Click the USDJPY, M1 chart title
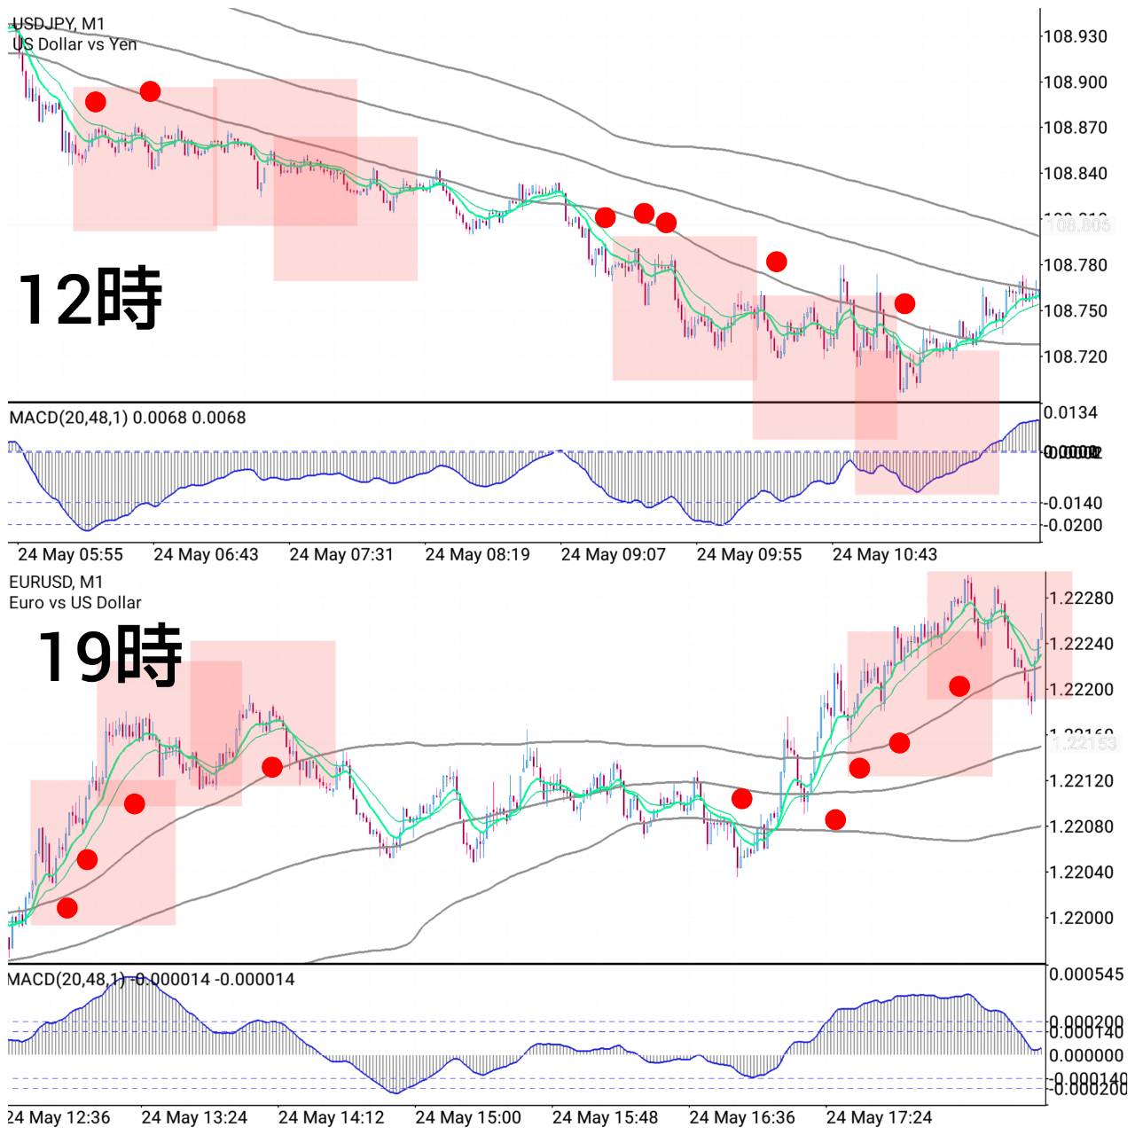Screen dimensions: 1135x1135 59,23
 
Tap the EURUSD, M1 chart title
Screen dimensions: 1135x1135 56,582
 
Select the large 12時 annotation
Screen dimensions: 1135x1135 90,299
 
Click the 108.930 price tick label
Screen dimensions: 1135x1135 1075,36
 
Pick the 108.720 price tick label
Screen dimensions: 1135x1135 1075,356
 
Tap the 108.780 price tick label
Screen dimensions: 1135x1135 1075,265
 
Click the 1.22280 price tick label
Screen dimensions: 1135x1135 1081,599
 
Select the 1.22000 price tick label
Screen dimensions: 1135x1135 1081,918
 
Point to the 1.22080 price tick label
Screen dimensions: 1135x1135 1081,826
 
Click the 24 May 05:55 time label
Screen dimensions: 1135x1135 70,555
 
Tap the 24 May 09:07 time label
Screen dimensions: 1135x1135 613,555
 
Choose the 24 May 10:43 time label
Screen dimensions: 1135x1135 884,555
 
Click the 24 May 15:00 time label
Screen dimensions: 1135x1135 467,1117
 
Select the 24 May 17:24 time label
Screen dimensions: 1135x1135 879,1117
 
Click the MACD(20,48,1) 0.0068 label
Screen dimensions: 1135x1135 127,418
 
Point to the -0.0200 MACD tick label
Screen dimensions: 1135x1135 1075,525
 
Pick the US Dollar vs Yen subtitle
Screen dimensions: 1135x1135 74,44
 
